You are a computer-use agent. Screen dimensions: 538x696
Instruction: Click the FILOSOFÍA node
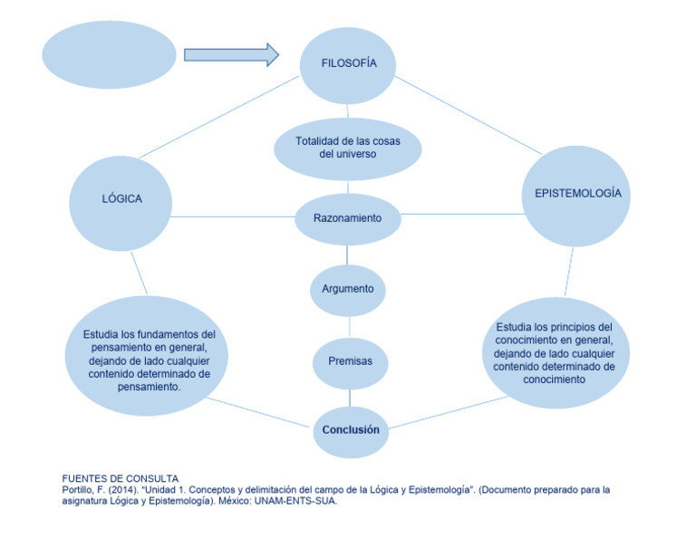pos(348,64)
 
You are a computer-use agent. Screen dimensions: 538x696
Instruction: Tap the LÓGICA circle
pos(121,199)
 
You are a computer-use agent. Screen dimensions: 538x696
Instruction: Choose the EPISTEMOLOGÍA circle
pos(577,194)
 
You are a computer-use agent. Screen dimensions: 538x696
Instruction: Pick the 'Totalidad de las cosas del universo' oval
pos(347,148)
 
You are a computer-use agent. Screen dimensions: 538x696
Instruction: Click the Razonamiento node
pos(347,218)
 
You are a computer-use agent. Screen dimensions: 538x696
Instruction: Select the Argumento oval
pos(347,289)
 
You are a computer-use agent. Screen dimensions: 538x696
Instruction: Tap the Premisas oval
pos(349,361)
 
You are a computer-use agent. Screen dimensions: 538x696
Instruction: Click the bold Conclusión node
pos(350,429)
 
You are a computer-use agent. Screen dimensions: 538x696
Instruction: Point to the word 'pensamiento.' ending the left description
pos(150,386)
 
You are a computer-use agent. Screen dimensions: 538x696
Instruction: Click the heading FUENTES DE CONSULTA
pos(120,478)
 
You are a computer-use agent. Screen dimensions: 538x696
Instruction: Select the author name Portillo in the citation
pos(80,490)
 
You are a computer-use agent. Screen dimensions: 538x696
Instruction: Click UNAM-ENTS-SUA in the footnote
pos(295,501)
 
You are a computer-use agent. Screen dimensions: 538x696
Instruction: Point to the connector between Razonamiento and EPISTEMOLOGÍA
pos(462,215)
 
